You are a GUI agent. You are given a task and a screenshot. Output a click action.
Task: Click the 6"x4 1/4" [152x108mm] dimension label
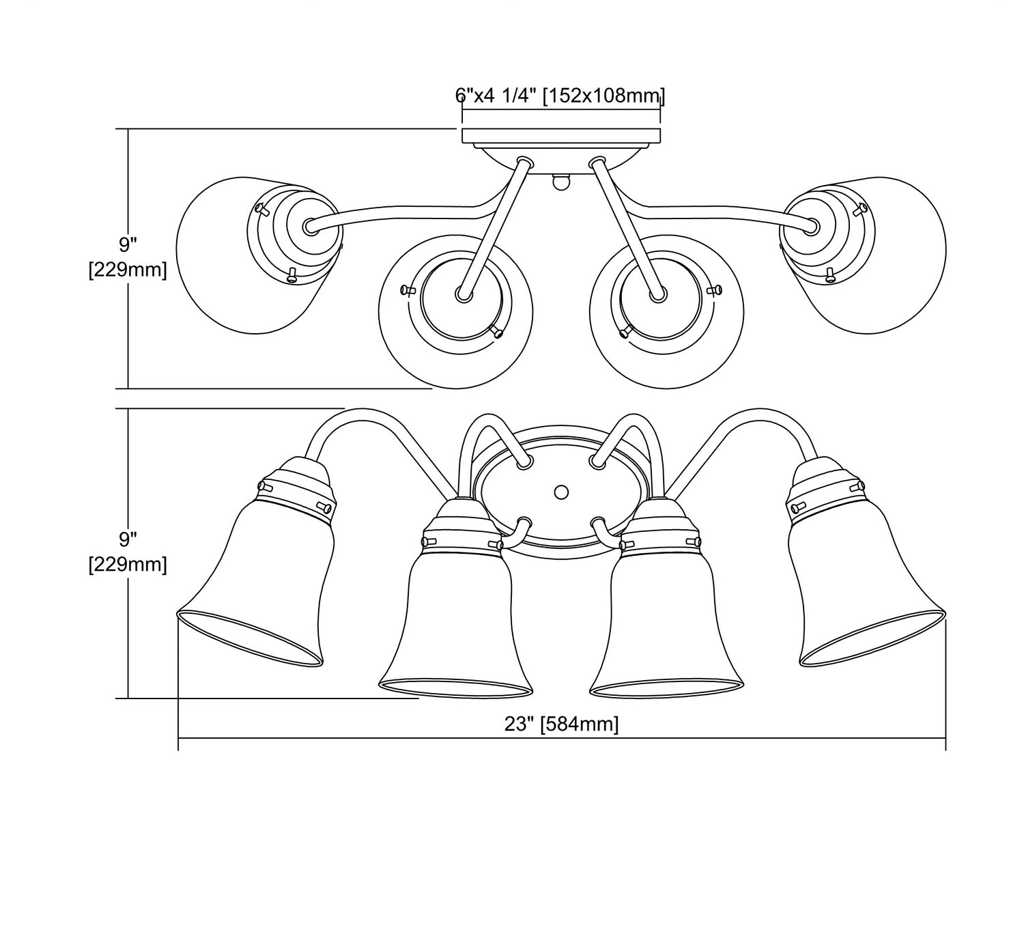560,95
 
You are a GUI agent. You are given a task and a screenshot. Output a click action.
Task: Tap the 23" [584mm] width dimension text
561,723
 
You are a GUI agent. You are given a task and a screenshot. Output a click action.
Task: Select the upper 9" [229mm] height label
128,257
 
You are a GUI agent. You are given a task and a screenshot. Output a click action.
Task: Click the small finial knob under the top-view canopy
560,182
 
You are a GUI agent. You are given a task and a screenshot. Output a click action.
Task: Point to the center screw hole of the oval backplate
561,491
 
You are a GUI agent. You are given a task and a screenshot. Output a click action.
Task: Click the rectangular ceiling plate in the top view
561,136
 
